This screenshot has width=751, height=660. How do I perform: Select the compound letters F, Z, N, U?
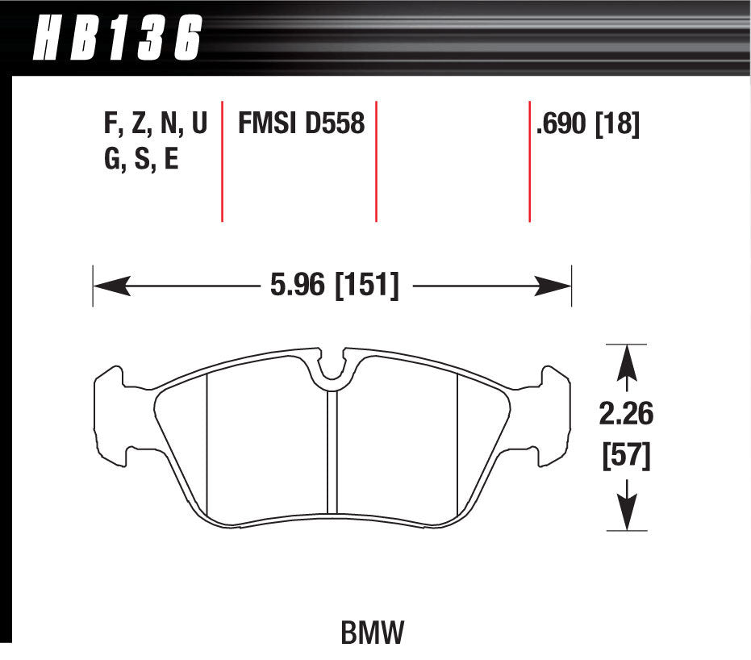(x=155, y=124)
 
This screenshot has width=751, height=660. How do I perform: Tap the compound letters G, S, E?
(x=140, y=159)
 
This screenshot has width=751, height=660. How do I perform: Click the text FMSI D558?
(x=301, y=124)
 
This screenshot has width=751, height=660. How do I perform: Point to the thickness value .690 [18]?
(x=587, y=124)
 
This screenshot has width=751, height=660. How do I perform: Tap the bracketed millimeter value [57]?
(x=627, y=456)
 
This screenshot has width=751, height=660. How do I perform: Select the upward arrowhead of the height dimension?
(x=627, y=361)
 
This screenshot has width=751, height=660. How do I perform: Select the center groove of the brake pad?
(x=332, y=452)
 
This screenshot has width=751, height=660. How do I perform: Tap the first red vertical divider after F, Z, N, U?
(x=222, y=161)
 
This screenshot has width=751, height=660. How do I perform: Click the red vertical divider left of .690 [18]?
(x=529, y=161)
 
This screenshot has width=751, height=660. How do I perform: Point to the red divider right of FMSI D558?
(x=376, y=161)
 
